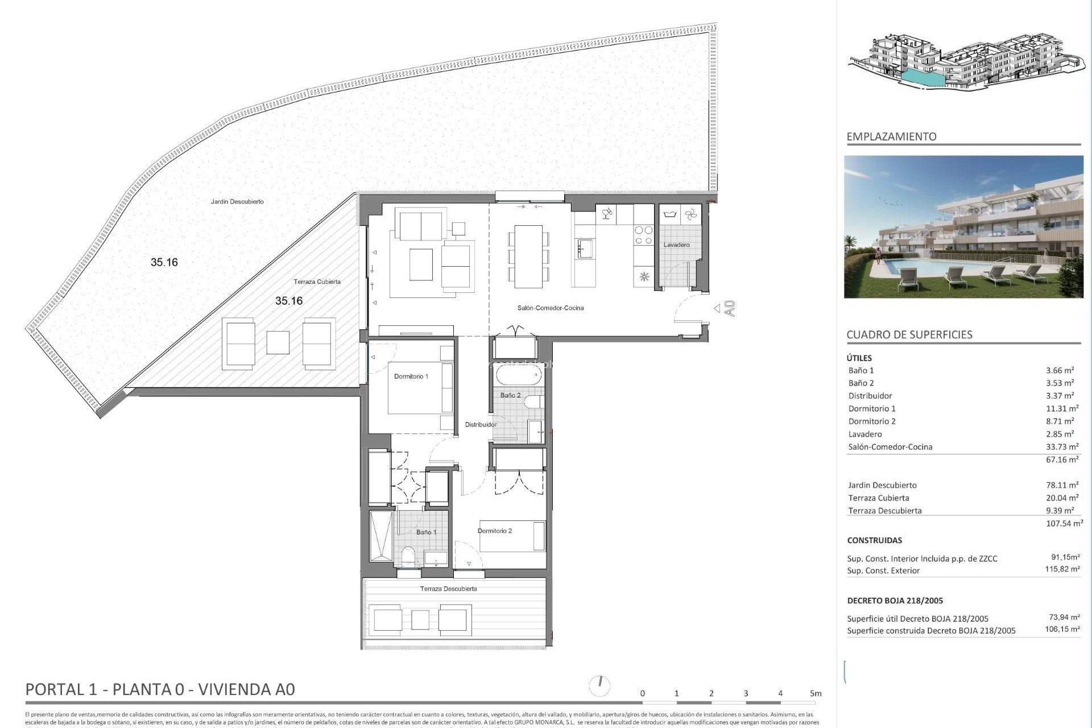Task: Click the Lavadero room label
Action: click(676, 245)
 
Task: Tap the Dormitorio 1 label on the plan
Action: click(411, 377)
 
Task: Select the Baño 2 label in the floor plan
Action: click(510, 395)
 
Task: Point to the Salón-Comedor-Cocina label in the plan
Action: click(550, 308)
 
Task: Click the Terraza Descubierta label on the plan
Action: click(448, 589)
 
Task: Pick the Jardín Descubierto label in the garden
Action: click(237, 201)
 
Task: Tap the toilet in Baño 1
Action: click(407, 556)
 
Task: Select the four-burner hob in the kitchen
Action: click(643, 235)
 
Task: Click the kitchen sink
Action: click(585, 249)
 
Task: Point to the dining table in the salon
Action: click(528, 256)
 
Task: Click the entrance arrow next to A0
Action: click(717, 308)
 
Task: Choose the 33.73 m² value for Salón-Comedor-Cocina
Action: click(1062, 446)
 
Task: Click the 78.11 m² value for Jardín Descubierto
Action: click(1062, 485)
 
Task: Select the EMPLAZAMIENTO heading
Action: click(891, 136)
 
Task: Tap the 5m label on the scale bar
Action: click(816, 693)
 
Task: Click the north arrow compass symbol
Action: click(599, 685)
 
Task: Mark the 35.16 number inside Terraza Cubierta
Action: click(289, 301)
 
